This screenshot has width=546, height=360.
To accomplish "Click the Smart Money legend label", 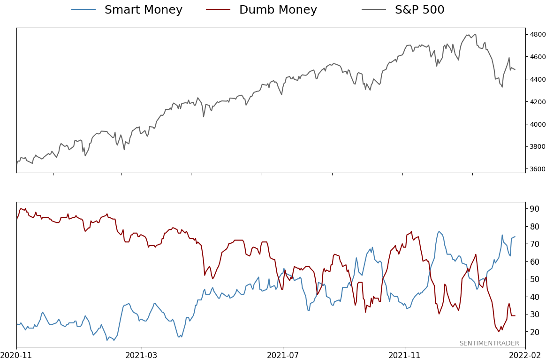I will [x=143, y=10].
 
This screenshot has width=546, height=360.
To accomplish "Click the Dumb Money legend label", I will [x=278, y=10].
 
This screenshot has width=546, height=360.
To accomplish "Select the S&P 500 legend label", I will [x=419, y=10].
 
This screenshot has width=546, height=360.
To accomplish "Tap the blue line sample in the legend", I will [x=83, y=10].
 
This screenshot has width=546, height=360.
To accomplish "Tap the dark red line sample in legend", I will [x=218, y=10].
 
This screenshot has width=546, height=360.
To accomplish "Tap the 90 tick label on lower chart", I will [x=535, y=208].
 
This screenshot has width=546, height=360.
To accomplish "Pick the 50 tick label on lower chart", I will [x=535, y=279].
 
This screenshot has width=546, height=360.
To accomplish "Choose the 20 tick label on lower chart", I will [x=535, y=332].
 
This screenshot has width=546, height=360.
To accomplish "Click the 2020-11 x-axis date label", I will [x=16, y=355].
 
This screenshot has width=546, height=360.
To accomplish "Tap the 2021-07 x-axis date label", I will [x=283, y=355].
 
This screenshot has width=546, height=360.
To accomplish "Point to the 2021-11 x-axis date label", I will [x=405, y=355].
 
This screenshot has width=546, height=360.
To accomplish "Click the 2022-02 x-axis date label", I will [x=525, y=355].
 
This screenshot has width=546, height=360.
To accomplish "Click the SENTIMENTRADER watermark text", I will [x=489, y=343].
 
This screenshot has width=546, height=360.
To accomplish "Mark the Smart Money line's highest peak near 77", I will [x=439, y=231].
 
